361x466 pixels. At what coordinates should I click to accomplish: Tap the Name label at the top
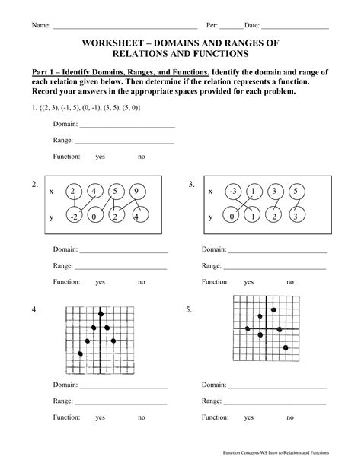(x=40, y=25)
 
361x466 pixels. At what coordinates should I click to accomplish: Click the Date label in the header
(x=252, y=25)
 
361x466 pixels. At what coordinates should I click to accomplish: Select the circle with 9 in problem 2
(x=134, y=192)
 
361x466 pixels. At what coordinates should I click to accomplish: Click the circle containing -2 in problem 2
(x=74, y=217)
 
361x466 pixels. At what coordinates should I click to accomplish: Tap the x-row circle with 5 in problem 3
(x=296, y=192)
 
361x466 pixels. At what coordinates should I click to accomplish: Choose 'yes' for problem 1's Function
(x=100, y=157)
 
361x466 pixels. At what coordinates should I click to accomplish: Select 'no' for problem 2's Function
(x=141, y=281)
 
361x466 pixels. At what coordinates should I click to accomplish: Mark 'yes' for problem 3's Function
(x=249, y=281)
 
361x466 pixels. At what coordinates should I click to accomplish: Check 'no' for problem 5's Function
(x=289, y=417)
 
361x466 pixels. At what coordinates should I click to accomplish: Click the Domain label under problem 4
(x=65, y=385)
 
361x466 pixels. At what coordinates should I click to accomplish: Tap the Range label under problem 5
(x=212, y=401)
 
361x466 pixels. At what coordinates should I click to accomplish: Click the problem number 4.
(x=34, y=310)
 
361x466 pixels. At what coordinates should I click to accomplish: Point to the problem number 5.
(x=188, y=310)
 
